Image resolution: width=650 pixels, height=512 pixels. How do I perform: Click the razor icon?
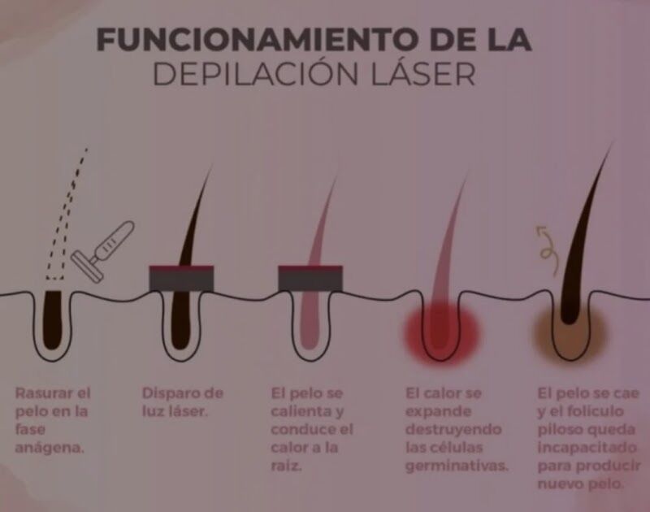coord(103,244)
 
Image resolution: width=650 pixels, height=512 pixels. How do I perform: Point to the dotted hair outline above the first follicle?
coord(69,211)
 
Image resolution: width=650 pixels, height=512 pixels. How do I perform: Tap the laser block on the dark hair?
coord(182,278)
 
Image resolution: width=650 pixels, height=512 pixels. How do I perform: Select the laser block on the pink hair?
coord(310,278)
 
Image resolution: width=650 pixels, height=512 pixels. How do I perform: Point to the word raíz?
coord(287,464)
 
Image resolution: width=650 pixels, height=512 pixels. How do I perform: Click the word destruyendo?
coord(453,428)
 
